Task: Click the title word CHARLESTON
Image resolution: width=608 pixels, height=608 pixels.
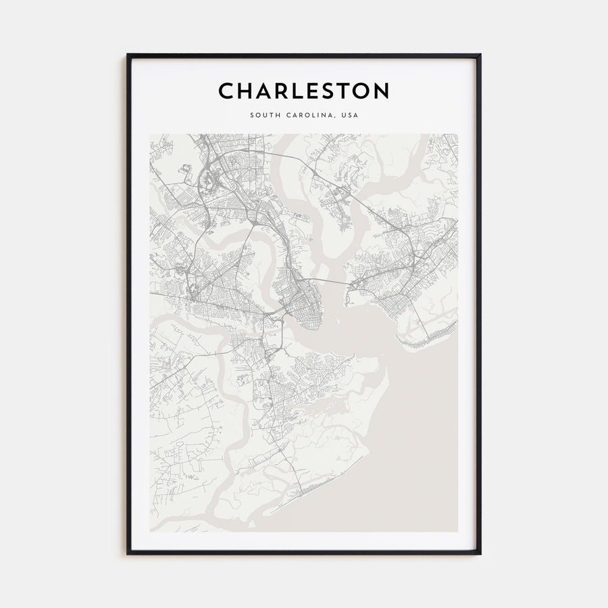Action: click(303, 91)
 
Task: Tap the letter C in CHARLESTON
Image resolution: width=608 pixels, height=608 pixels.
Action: click(226, 91)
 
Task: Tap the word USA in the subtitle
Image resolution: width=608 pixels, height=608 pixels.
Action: click(350, 115)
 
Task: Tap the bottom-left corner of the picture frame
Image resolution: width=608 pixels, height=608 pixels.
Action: click(128, 553)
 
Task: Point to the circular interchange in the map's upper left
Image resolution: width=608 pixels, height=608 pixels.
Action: click(209, 180)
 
